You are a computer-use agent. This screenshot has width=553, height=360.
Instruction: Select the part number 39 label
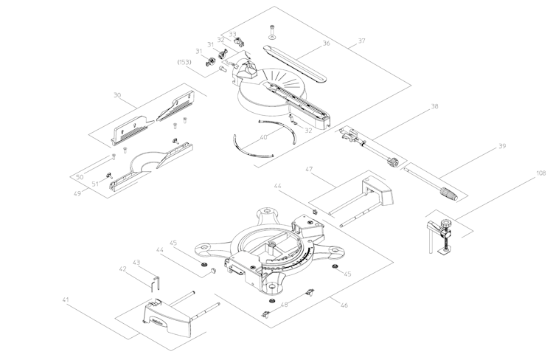(501, 147)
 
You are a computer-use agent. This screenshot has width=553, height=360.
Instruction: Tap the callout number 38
(435, 107)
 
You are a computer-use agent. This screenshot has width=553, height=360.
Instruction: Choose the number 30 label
(116, 95)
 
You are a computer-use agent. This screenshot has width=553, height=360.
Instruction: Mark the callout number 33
(232, 34)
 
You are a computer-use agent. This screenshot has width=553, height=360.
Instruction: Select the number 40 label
(263, 137)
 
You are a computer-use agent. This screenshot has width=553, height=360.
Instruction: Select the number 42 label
(123, 269)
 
